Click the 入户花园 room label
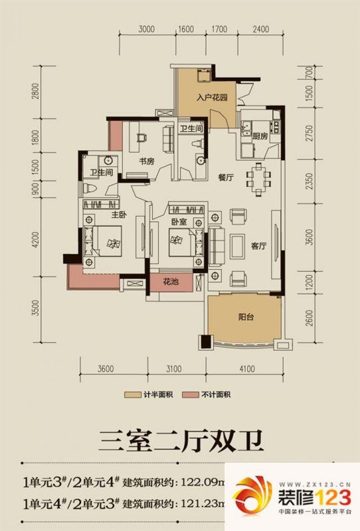pos(210,97)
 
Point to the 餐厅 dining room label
pos(225,178)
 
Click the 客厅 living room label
pos(259,246)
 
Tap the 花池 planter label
pos(171,282)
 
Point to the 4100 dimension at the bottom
pos(247,369)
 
